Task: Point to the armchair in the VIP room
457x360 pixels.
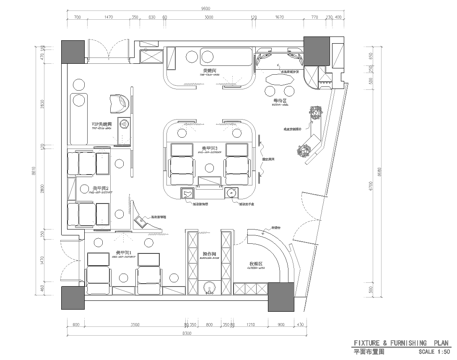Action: point(112,103)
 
